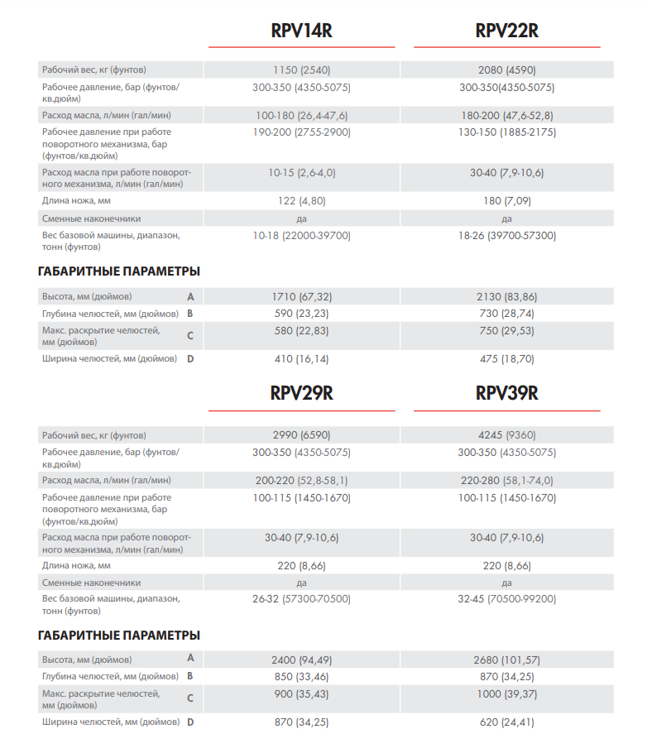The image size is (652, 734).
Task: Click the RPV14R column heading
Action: click(301, 31)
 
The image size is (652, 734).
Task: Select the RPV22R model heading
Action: click(506, 31)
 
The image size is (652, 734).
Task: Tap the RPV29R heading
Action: click(301, 393)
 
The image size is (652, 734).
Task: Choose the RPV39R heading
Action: click(506, 393)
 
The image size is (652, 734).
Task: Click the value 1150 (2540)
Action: click(301, 70)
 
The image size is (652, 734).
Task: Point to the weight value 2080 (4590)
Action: click(506, 70)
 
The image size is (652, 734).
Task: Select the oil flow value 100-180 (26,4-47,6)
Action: click(301, 115)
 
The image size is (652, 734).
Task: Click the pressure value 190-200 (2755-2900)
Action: click(301, 132)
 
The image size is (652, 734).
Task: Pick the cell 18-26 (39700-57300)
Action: click(506, 236)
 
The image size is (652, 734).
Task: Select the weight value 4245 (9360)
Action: click(506, 435)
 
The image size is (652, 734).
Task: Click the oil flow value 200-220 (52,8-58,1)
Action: click(301, 480)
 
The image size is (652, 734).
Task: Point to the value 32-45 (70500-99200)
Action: click(506, 598)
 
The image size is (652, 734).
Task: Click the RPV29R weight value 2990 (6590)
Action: click(301, 435)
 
